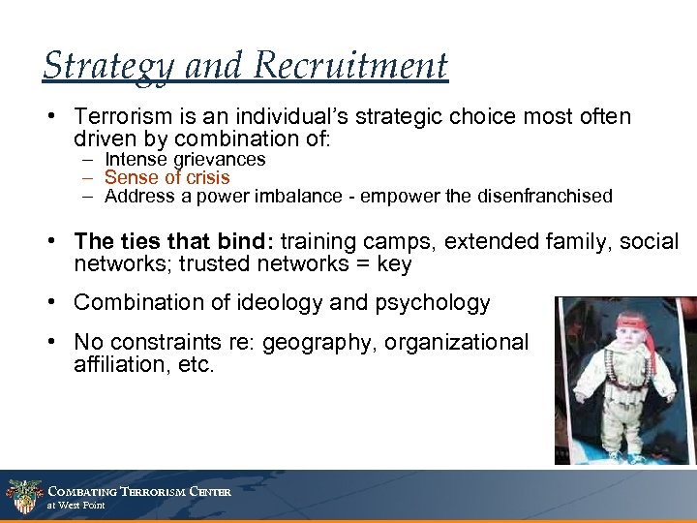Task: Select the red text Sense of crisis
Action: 167,177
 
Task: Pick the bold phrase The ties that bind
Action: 173,242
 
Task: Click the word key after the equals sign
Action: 394,264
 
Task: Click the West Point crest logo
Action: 23,497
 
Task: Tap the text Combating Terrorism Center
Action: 139,492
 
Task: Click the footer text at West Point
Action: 76,506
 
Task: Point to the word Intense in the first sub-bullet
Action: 134,159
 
